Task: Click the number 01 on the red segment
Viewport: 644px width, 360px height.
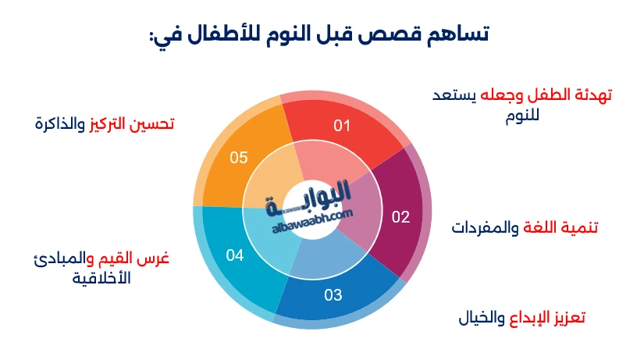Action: tap(342, 125)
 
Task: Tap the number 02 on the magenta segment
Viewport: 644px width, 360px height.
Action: tap(400, 217)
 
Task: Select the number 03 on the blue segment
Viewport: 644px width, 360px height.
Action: tap(333, 295)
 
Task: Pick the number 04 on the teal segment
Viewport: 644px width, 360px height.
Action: tap(235, 255)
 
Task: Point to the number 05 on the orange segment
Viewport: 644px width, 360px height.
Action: tap(239, 158)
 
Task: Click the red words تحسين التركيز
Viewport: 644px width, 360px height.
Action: tap(132, 123)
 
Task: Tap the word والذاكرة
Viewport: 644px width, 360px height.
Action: tap(61, 123)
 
